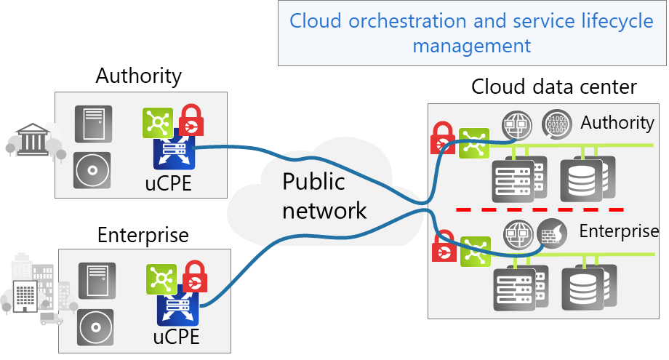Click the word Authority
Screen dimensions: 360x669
click(x=617, y=122)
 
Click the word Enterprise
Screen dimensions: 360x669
click(x=618, y=231)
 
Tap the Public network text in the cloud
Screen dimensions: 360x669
click(x=324, y=196)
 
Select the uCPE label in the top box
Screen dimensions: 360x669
click(x=168, y=183)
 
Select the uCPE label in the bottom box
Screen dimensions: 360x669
click(x=176, y=337)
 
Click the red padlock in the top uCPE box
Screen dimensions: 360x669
click(x=191, y=119)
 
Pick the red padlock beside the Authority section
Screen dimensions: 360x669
click(x=442, y=137)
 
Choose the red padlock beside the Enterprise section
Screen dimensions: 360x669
click(x=443, y=245)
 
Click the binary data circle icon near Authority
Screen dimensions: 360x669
click(x=557, y=124)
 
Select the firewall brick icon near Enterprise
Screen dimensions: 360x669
click(x=552, y=234)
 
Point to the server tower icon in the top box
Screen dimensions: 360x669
click(x=93, y=124)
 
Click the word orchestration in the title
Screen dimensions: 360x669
click(x=408, y=20)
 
